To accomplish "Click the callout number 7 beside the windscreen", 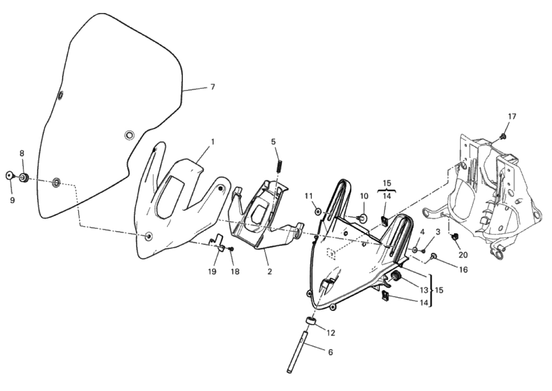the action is pyautogui.click(x=212, y=86).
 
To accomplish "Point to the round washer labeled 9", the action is pyautogui.click(x=10, y=175).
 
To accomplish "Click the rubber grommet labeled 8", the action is pyautogui.click(x=24, y=177).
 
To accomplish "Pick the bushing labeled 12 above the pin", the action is pyautogui.click(x=310, y=321).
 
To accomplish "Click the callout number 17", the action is pyautogui.click(x=512, y=116).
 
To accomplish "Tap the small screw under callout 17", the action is pyautogui.click(x=503, y=136).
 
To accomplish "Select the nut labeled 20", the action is pyautogui.click(x=454, y=237).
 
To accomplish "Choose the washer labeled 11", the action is pyautogui.click(x=318, y=212).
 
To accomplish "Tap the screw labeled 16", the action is pyautogui.click(x=433, y=256).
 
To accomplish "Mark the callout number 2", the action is pyautogui.click(x=270, y=272).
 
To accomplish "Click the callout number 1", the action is pyautogui.click(x=213, y=142).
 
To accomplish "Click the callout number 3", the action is pyautogui.click(x=438, y=232).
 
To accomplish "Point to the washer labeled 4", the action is pyautogui.click(x=415, y=250).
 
